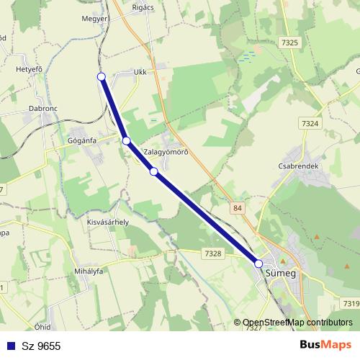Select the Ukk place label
point(140,73)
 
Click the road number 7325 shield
point(290,43)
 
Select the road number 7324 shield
point(310,124)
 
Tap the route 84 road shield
point(238,208)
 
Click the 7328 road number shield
point(212,253)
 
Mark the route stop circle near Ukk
point(102,76)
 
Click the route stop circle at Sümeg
point(259,264)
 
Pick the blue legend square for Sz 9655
point(9,346)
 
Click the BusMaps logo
point(325,345)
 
